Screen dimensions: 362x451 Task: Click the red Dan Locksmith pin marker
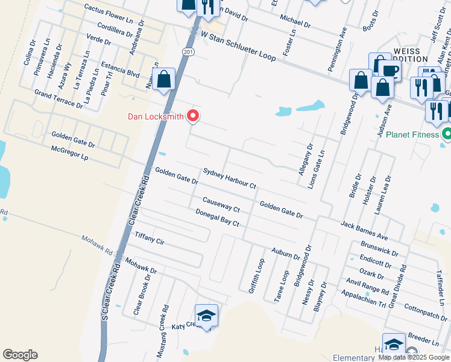193,115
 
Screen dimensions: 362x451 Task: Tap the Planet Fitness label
412,135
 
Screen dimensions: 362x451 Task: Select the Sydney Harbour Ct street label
230,178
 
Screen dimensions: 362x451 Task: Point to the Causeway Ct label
221,205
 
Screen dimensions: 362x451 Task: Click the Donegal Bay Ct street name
217,218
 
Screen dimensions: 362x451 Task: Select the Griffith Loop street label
257,276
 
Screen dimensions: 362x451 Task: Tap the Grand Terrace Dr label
58,100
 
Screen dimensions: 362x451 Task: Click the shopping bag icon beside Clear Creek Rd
163,79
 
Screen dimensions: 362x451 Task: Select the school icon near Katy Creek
206,316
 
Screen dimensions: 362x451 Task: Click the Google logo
20,355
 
